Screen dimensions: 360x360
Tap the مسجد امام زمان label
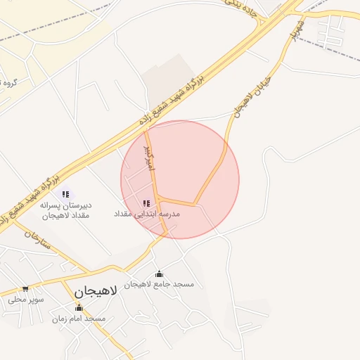(78, 319)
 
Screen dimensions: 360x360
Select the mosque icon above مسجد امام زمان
(78, 307)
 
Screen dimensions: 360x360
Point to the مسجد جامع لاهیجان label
(159, 285)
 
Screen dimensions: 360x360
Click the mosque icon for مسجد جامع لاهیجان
(159, 274)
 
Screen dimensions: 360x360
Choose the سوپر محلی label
(26, 300)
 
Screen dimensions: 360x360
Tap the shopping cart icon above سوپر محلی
(25, 288)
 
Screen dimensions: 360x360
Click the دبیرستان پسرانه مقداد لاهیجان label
(66, 210)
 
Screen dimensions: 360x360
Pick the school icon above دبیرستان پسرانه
(65, 194)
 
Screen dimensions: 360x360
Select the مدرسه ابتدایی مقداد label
(147, 213)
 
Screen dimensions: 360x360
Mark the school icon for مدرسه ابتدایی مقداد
(146, 202)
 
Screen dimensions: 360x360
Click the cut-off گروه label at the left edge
(9, 83)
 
